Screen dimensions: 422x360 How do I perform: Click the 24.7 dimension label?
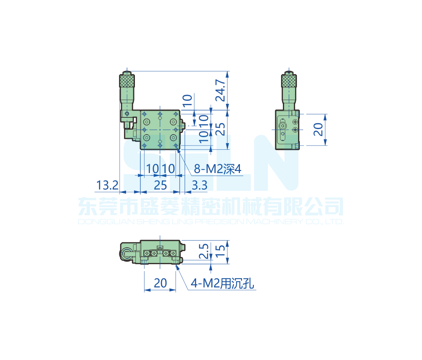220,90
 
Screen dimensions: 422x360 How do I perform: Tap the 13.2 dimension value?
107,185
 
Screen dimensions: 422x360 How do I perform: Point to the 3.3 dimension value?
199,185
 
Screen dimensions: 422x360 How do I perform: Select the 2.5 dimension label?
204,251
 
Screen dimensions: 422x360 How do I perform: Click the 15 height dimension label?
220,250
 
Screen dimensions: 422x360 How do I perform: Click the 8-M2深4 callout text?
218,169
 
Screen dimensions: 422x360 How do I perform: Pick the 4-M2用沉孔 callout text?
222,283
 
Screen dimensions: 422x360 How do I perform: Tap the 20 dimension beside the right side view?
318,129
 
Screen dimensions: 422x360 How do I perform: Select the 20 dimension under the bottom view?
160,283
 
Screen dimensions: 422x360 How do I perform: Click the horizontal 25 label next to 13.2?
160,185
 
